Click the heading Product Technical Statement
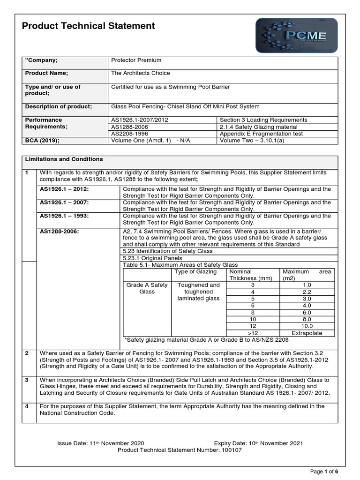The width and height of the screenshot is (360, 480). [x=89, y=26]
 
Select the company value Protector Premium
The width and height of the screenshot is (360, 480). [x=136, y=60]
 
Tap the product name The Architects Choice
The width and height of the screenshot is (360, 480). [x=140, y=73]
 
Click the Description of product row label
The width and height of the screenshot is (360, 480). [x=59, y=106]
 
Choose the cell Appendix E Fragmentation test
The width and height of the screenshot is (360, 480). [x=261, y=134]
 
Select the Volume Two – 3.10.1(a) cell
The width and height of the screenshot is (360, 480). [x=254, y=140]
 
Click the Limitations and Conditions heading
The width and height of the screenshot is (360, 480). [x=64, y=159]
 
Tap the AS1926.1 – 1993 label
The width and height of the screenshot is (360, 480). [x=64, y=216]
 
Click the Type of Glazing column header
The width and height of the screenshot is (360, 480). [x=195, y=272]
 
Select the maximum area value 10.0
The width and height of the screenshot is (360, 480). [x=307, y=326]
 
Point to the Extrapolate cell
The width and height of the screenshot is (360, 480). [x=307, y=333]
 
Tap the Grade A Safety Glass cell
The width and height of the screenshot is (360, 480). [x=147, y=288]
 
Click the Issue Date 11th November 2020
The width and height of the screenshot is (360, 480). [x=100, y=443]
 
